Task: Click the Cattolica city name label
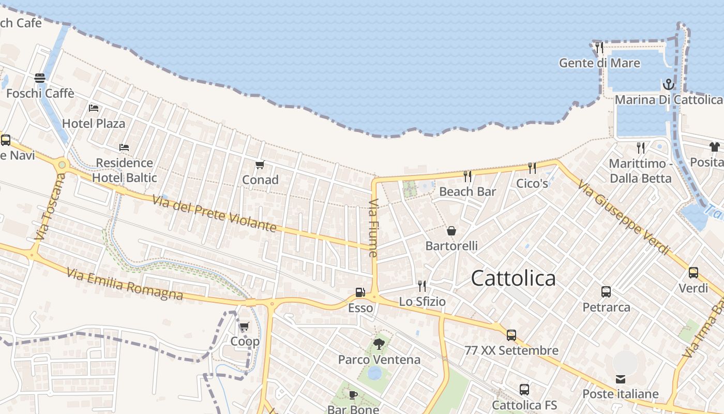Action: pyautogui.click(x=513, y=278)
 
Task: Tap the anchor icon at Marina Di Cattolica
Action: pyautogui.click(x=669, y=84)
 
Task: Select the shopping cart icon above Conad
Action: pyautogui.click(x=260, y=165)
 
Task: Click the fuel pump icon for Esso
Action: pyautogui.click(x=360, y=292)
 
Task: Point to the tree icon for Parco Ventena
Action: pyautogui.click(x=379, y=344)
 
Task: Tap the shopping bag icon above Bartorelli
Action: pyautogui.click(x=451, y=231)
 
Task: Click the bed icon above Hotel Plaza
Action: pyautogui.click(x=94, y=108)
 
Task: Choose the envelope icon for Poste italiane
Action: pyautogui.click(x=621, y=379)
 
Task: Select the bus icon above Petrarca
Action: pyautogui.click(x=606, y=292)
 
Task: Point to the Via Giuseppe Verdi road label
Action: pyautogui.click(x=623, y=217)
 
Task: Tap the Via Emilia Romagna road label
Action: pyautogui.click(x=125, y=284)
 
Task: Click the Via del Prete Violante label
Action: pyautogui.click(x=214, y=212)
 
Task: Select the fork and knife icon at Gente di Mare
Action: pyautogui.click(x=599, y=48)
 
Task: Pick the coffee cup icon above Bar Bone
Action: pyautogui.click(x=353, y=395)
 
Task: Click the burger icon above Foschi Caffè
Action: pyautogui.click(x=40, y=78)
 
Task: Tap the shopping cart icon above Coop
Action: pyautogui.click(x=244, y=326)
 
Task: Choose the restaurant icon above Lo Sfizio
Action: pyautogui.click(x=422, y=286)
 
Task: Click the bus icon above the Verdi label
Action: pyautogui.click(x=693, y=273)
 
